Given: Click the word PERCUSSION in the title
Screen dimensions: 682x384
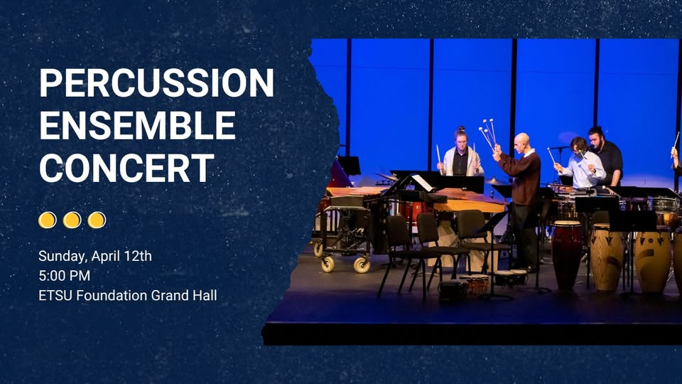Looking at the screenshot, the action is (156, 82).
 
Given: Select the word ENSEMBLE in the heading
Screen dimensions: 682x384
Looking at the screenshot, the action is (137, 125).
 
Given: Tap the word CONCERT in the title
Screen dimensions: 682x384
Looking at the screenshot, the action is (127, 168).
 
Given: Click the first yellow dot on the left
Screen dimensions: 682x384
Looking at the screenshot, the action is (48, 220).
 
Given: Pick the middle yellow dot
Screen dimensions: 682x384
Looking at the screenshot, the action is (72, 220).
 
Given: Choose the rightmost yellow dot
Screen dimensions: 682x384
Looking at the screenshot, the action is (97, 220).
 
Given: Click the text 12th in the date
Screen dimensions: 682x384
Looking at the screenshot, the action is (137, 255).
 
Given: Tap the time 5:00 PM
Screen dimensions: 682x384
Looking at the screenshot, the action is (65, 276).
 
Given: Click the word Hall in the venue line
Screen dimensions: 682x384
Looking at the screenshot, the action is (205, 296).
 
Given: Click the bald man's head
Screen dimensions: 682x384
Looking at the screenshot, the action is (521, 142).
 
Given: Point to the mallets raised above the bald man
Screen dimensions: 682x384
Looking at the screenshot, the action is (487, 133).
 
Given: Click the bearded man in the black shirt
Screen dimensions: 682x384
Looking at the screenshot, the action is (607, 156).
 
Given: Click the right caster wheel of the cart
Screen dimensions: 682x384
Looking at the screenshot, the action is (362, 265).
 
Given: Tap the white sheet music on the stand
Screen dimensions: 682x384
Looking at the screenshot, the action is (422, 183).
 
